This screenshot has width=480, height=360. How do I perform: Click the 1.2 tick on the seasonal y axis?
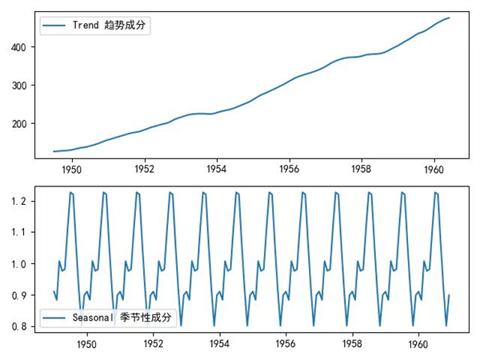tap(24, 201)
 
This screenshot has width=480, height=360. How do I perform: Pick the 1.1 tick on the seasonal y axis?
tap(24, 232)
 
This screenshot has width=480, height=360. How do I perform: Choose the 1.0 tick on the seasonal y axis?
tap(24, 263)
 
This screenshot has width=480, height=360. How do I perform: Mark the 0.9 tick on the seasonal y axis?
tap(24, 294)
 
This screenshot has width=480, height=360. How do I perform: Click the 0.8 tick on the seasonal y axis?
tap(24, 326)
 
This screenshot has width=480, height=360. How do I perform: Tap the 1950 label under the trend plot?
tap(72, 170)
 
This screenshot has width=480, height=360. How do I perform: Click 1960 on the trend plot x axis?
tap(434, 170)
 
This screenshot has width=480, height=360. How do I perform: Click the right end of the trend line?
tap(449, 18)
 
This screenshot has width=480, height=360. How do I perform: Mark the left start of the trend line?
tap(54, 151)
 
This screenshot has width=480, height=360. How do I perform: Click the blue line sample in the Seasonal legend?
tap(55, 318)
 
